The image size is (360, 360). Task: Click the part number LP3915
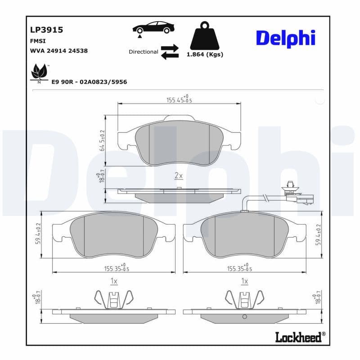pyautogui.click(x=46, y=30)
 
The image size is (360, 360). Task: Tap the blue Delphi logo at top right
pyautogui.click(x=285, y=38)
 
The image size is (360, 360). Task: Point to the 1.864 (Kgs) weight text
pyautogui.click(x=205, y=54)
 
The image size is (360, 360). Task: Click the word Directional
pyautogui.click(x=143, y=52)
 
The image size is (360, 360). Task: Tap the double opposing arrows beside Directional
pyautogui.click(x=170, y=52)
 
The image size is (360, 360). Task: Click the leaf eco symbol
pyautogui.click(x=39, y=72)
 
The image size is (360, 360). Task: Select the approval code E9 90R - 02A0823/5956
pyautogui.click(x=89, y=81)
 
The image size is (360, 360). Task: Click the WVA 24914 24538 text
pyautogui.click(x=58, y=51)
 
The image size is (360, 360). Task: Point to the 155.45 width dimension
pyautogui.click(x=179, y=99)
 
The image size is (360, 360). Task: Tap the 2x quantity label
pyautogui.click(x=178, y=175)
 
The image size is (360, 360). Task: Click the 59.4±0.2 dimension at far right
pyautogui.click(x=318, y=234)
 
